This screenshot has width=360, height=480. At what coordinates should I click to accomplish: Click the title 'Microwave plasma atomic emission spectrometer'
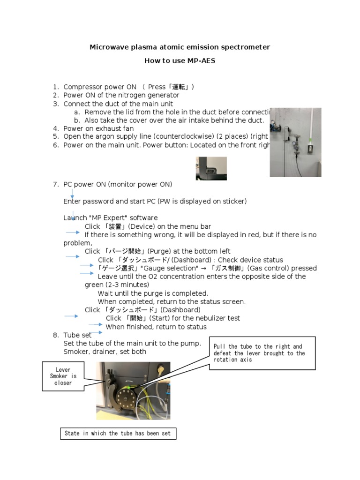(180, 47)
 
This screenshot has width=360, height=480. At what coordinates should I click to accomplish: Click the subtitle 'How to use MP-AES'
(180, 61)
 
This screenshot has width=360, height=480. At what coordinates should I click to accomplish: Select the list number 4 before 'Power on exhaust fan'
(55, 128)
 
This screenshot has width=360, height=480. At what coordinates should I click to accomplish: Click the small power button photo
(211, 168)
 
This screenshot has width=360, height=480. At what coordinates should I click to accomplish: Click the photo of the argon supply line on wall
(295, 142)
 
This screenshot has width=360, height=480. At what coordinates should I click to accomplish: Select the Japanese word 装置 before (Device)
(115, 226)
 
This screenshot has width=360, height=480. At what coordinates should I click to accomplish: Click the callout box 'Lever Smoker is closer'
(63, 376)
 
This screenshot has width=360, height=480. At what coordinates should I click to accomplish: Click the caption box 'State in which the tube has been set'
(118, 434)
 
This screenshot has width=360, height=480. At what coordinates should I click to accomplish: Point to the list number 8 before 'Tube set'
(55, 335)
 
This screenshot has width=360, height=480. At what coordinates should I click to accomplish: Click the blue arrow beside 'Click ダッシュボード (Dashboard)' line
(71, 316)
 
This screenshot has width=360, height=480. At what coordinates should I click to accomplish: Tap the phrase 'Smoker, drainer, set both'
(105, 352)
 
